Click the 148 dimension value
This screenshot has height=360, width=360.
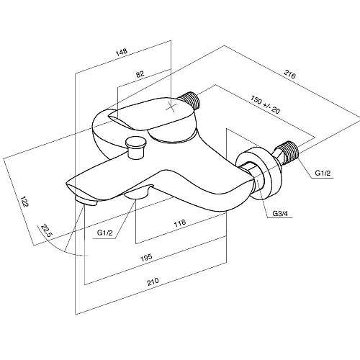(x=122, y=52)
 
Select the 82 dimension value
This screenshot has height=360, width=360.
(x=140, y=74)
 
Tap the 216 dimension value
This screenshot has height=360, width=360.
(x=289, y=74)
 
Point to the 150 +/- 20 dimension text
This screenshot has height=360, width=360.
(x=265, y=104)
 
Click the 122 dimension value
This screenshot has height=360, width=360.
(x=24, y=202)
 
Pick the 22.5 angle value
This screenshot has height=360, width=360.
(x=46, y=230)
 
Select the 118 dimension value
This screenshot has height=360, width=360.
(x=180, y=223)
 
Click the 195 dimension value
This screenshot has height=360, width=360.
(x=146, y=257)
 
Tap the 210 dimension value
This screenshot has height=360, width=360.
(x=153, y=282)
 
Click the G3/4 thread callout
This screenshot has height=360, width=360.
(x=280, y=213)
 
